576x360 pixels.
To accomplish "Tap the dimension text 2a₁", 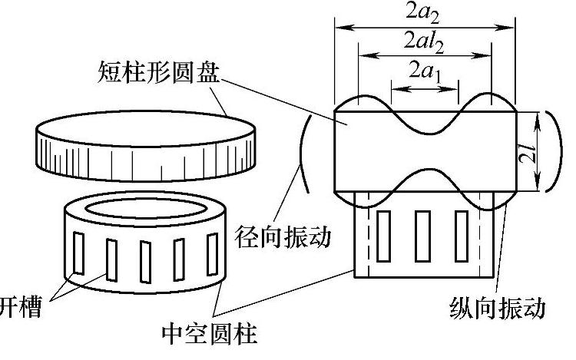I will [x=425, y=74].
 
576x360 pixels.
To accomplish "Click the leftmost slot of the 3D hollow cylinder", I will [x=78, y=253].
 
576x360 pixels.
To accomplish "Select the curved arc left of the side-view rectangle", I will [x=301, y=153].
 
